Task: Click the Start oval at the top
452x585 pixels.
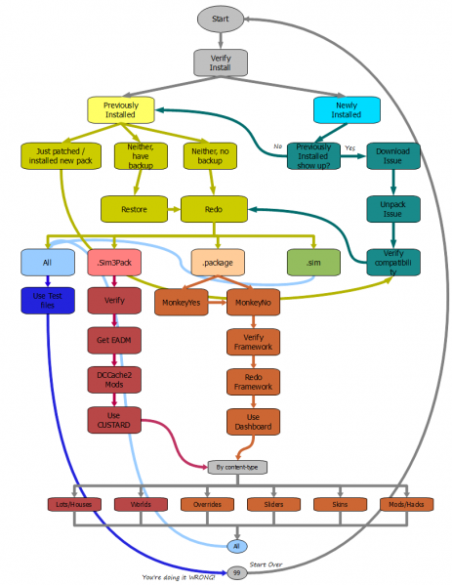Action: (221, 18)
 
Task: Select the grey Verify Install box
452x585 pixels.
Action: (221, 62)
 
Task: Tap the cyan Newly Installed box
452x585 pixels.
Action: (347, 110)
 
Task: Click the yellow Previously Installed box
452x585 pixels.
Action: (121, 110)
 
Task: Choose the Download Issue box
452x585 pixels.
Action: (392, 156)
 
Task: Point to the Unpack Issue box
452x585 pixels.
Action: (392, 209)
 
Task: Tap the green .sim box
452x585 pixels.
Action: (313, 262)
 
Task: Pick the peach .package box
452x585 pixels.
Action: (217, 262)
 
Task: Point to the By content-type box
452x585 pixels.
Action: (237, 467)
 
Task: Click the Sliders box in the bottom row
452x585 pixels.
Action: (267, 504)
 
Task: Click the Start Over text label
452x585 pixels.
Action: (267, 564)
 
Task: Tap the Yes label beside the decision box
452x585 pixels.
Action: (350, 148)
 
